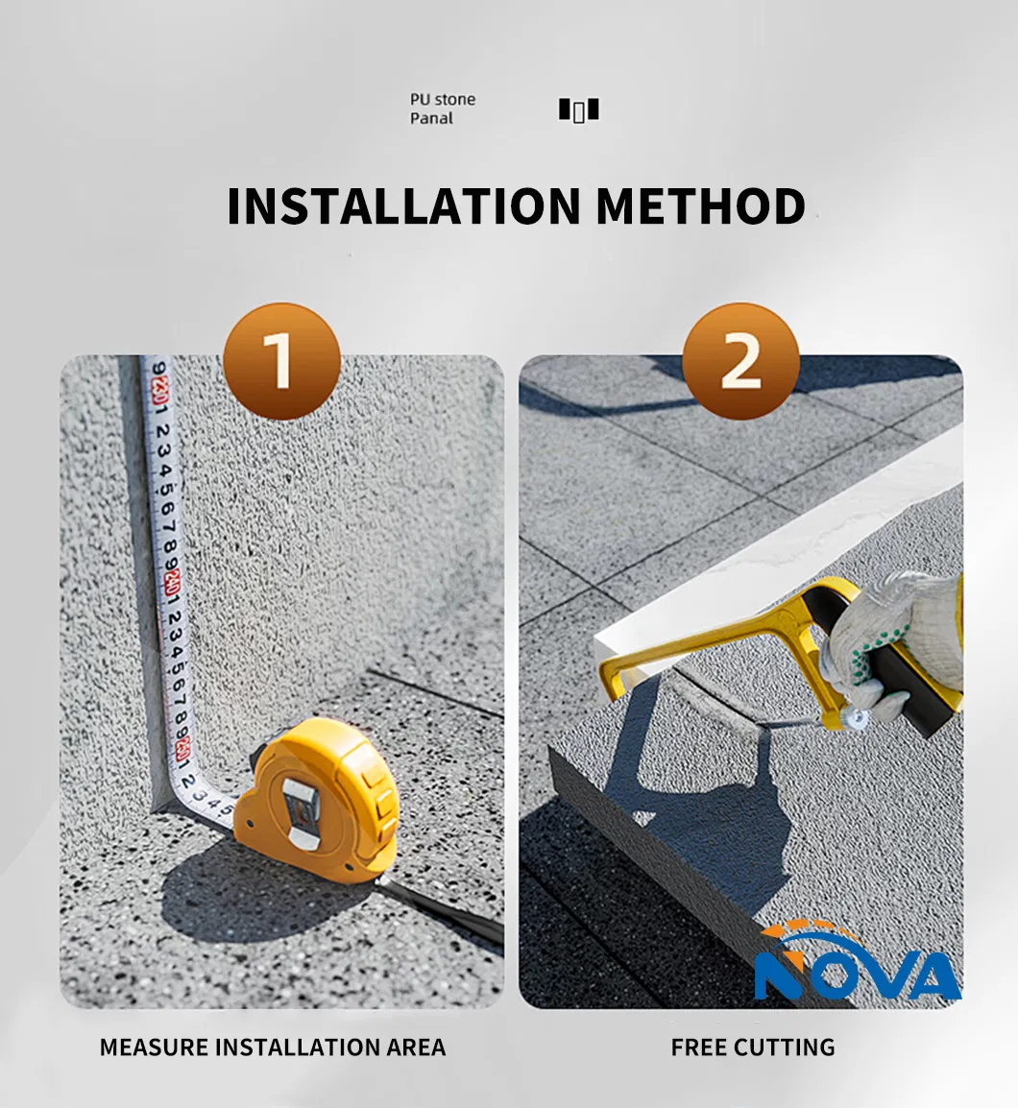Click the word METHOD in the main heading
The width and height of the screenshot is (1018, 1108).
701,205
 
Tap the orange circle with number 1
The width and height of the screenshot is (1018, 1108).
282,361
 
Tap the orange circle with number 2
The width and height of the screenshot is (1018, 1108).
740,361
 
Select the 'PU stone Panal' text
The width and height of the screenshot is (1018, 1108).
443,108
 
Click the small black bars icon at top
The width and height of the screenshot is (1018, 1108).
579,110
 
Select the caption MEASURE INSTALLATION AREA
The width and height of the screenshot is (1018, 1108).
273,1048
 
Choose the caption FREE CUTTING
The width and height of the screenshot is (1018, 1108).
753,1048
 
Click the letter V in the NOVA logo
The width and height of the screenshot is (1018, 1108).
885,976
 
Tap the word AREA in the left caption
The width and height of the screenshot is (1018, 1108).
416,1048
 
